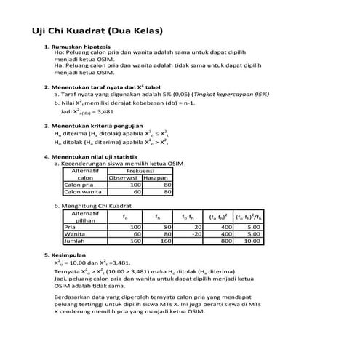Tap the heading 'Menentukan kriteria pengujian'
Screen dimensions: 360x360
(95, 127)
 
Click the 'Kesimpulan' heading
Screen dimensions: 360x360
(68, 255)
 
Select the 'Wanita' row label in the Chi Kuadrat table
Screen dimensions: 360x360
(73, 234)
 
